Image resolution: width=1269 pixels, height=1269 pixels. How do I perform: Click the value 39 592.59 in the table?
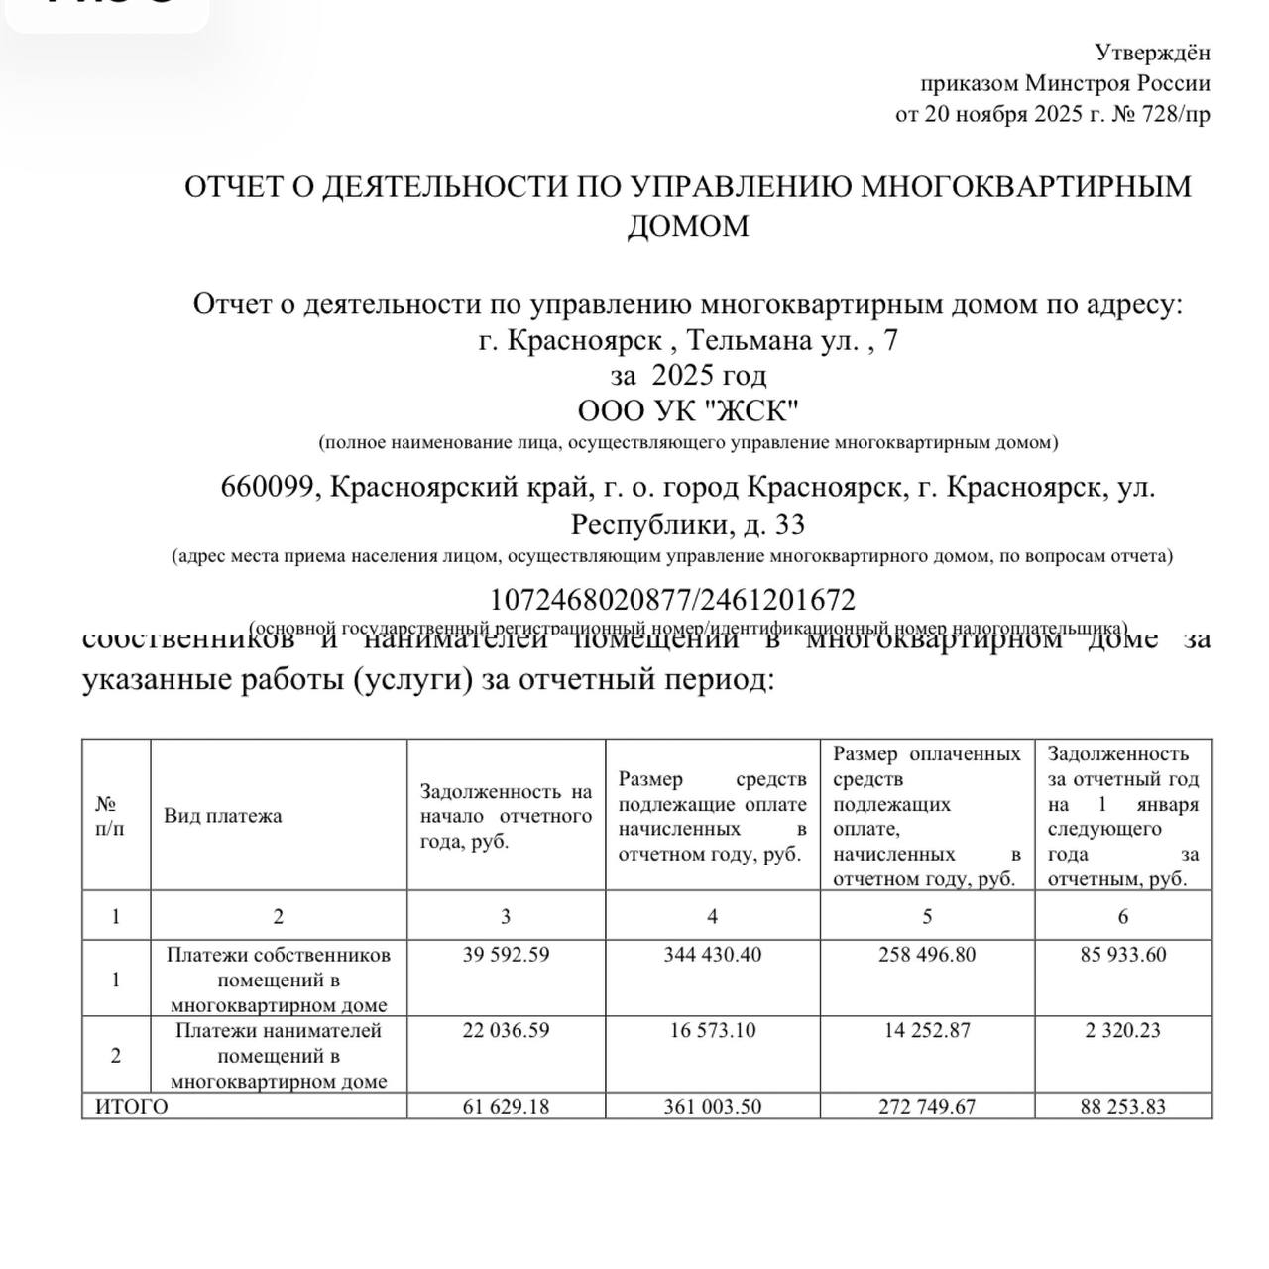point(506,955)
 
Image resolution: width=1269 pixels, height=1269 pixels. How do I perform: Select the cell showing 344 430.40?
point(712,955)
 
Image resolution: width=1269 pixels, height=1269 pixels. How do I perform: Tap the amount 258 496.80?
point(927,955)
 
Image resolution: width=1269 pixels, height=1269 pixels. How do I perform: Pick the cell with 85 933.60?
point(1123,955)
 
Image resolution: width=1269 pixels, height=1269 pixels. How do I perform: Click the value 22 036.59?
point(506,1031)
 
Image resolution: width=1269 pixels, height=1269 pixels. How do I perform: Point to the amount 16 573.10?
point(712,1031)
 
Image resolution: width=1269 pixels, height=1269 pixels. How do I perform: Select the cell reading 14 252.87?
point(927,1031)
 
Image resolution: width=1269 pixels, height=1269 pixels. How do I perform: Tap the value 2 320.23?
point(1123,1031)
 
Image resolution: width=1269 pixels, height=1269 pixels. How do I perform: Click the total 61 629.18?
point(506,1107)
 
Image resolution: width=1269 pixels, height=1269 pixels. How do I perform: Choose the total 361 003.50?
point(712,1107)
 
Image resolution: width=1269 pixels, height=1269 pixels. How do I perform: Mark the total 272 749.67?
point(927,1107)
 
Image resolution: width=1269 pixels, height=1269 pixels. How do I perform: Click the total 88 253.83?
point(1123,1107)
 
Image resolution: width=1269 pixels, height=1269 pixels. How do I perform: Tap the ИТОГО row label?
point(132,1107)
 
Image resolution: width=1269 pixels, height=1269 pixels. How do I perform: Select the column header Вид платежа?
point(223,816)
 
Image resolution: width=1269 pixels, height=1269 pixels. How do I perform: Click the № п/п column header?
point(110,816)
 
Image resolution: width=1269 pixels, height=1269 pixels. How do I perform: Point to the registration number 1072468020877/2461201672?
point(672,600)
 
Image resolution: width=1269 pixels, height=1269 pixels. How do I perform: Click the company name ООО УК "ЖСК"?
point(688,409)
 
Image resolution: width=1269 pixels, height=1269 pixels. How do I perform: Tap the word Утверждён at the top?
point(1152,53)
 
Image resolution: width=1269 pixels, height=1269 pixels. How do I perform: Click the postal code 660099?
point(267,488)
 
